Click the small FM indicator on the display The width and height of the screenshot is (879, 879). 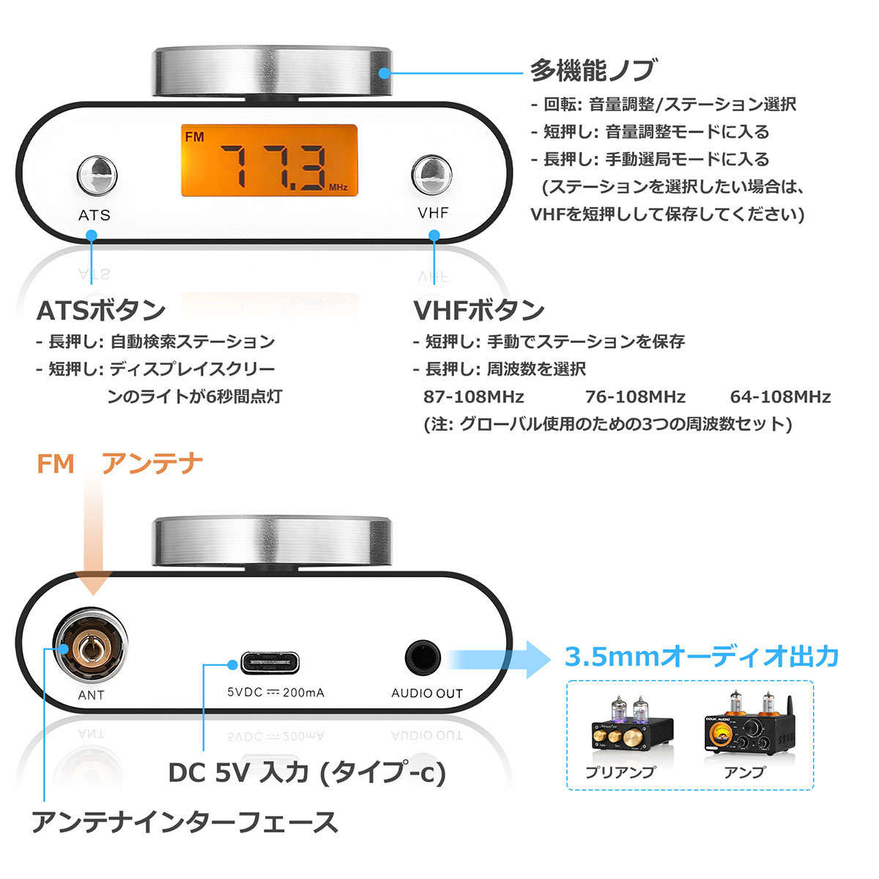pos(195,137)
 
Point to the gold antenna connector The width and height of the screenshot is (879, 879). pos(90,648)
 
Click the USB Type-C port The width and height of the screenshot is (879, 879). pos(270,664)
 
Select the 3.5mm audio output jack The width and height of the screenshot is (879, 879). pos(423,658)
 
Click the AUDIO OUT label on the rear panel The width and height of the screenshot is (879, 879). pos(426,693)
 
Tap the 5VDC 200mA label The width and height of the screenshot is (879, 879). pos(275,692)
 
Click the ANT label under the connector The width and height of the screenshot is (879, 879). pos(91,694)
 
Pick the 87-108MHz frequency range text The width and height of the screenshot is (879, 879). pos(473,397)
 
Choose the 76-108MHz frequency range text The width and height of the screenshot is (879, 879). pos(635,397)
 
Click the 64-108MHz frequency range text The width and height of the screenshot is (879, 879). pos(780,397)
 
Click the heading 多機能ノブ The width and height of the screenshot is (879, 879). pos(593,70)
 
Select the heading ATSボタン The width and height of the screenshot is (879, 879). pos(101,310)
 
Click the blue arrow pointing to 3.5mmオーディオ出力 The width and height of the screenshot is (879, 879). pos(505,659)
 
